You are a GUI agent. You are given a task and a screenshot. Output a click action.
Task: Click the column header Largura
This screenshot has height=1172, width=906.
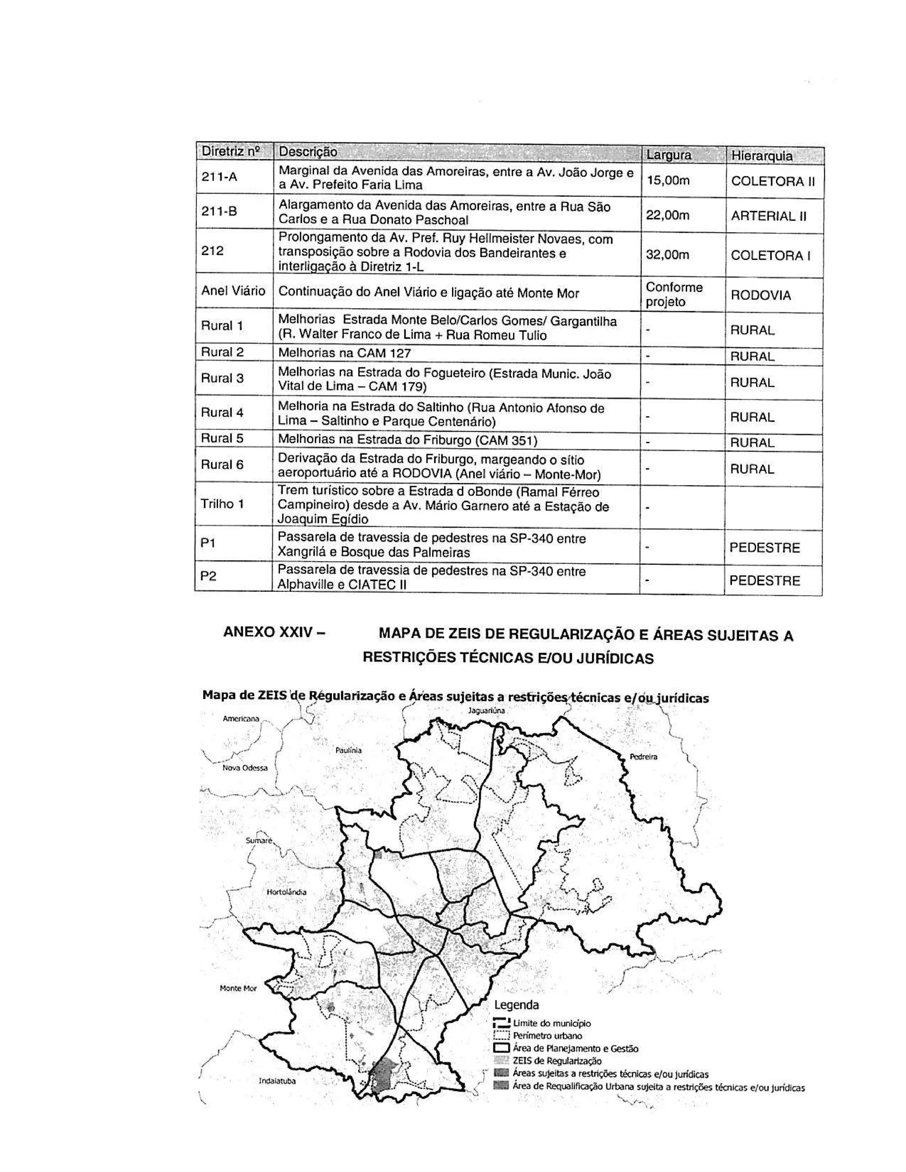668,155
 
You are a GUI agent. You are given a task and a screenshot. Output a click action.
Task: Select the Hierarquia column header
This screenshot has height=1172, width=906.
761,156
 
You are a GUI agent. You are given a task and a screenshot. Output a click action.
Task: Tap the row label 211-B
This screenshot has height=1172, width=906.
219,211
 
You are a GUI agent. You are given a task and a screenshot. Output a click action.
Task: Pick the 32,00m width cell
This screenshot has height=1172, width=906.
667,254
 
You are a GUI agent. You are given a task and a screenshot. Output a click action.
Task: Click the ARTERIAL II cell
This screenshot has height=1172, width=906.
768,216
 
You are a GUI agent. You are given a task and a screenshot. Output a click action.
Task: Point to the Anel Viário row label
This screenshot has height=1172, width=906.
233,291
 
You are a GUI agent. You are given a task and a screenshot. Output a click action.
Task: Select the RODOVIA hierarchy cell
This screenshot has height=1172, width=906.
760,295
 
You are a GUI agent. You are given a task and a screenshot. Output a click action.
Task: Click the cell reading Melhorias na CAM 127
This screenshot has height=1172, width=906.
344,353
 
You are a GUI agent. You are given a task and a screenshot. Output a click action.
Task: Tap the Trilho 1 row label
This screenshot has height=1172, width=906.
222,504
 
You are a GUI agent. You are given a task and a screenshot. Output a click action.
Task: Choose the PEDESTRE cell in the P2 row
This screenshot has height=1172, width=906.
764,581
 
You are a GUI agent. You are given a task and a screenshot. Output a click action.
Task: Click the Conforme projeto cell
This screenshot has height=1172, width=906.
674,294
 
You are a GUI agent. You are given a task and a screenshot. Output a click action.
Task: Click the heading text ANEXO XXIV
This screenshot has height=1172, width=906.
274,632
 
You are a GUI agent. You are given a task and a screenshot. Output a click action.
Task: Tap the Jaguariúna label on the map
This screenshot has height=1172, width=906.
486,711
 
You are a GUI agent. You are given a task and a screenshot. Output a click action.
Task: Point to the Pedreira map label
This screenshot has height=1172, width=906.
643,757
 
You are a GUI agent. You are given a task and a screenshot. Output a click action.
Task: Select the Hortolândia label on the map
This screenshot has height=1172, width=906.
287,892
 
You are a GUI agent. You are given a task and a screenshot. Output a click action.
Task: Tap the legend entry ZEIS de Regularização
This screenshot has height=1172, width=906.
557,1061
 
